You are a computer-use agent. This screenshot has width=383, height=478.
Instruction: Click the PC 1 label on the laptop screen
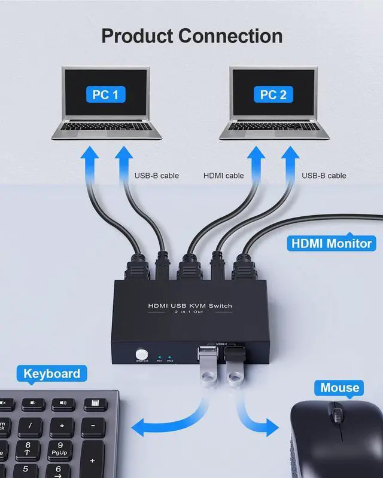click(x=105, y=94)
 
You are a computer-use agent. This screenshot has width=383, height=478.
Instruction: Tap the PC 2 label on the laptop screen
click(x=273, y=94)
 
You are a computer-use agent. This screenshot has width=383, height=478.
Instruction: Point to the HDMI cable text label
click(x=223, y=176)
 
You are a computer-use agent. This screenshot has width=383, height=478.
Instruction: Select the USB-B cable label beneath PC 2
click(x=324, y=176)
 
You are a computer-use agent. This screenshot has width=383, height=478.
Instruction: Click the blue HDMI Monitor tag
click(x=331, y=243)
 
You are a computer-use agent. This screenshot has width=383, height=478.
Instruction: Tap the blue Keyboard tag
click(x=51, y=374)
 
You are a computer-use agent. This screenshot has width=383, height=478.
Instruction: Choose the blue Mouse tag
click(x=339, y=388)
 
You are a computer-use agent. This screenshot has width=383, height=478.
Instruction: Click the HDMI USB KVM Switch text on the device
click(x=190, y=306)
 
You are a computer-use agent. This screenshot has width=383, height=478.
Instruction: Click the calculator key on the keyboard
click(x=92, y=405)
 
